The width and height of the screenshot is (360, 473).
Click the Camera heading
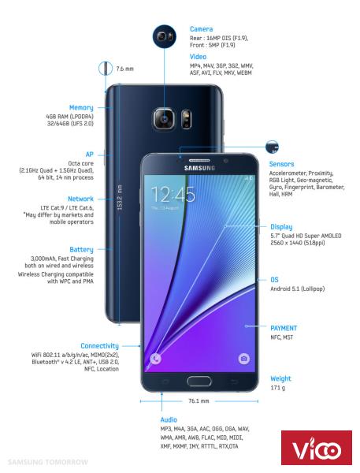click(x=201, y=29)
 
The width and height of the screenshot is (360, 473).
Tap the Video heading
click(x=198, y=57)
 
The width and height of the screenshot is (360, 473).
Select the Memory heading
click(x=81, y=108)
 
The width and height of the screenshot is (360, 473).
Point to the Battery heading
click(x=81, y=249)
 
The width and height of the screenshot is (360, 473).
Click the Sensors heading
click(x=281, y=164)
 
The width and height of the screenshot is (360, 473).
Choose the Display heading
click(x=281, y=227)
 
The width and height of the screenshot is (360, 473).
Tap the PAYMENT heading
click(x=284, y=328)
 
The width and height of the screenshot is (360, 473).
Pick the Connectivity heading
click(x=99, y=346)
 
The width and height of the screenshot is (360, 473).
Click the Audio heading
click(x=169, y=419)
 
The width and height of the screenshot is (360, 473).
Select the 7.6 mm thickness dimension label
click(x=124, y=69)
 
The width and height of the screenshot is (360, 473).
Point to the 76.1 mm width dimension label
click(x=199, y=401)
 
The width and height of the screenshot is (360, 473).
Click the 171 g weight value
click(x=277, y=388)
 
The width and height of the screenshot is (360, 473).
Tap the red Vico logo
click(x=317, y=448)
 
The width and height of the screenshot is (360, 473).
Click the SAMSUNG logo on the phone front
click(x=199, y=168)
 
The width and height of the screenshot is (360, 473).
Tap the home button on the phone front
click(x=199, y=381)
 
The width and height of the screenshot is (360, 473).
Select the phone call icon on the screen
click(x=155, y=359)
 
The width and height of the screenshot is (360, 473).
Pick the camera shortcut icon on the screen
click(x=243, y=359)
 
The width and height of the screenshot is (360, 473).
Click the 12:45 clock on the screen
click(x=173, y=194)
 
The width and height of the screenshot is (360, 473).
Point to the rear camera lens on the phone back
click(x=164, y=119)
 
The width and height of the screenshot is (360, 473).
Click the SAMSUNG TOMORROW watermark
click(x=47, y=462)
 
